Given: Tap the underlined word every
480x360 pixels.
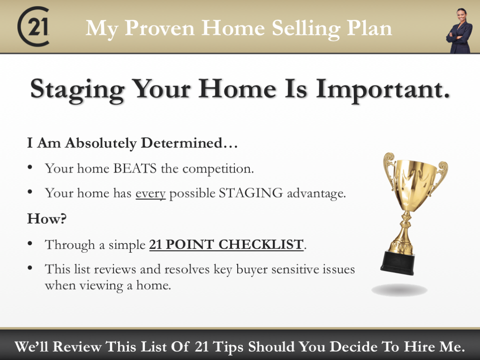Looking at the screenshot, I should click(x=150, y=194).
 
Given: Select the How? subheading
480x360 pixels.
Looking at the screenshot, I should click(x=47, y=219).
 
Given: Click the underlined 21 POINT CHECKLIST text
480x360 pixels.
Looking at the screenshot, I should click(x=226, y=245).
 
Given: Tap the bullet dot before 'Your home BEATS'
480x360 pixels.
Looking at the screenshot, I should click(x=30, y=167).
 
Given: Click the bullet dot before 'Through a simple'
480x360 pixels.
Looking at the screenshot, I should click(x=30, y=243).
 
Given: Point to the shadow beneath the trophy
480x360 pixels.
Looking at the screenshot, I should click(x=399, y=290).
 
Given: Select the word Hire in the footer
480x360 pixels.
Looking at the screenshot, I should click(x=421, y=347).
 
